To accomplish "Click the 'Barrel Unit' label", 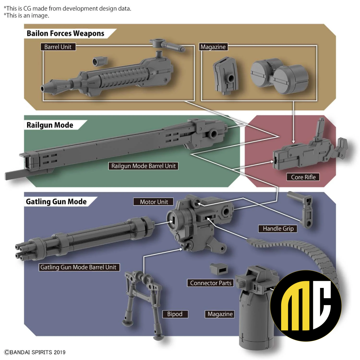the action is [58, 47].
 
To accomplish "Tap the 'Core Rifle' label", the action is [303, 177].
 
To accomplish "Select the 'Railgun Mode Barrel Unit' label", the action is [143, 166].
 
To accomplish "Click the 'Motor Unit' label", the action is [154, 202].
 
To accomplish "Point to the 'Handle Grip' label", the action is [278, 229].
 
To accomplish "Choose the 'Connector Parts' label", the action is [211, 283].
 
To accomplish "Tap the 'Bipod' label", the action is [175, 314].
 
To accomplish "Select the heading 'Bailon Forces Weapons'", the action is [65, 33].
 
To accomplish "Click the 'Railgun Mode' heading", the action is [50, 125].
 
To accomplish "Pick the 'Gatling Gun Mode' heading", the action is [56, 201].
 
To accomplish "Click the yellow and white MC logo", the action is [306, 306].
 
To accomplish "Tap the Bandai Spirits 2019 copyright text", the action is [35, 352].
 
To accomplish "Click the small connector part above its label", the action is [219, 269].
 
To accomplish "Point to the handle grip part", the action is [301, 209].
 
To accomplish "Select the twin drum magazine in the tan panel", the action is [279, 76].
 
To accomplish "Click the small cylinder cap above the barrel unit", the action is [100, 61].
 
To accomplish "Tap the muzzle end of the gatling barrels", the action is [20, 252].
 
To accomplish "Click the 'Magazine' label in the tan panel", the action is [213, 47].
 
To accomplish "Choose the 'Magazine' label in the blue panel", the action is [220, 314].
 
